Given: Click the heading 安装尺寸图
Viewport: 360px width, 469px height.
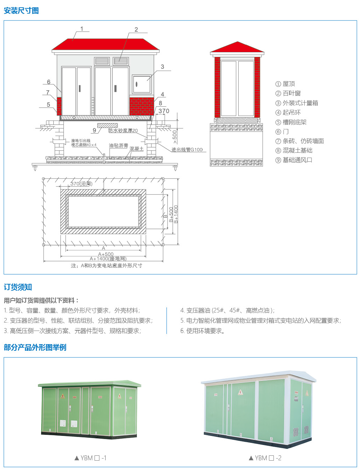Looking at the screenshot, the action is click(x=21, y=10).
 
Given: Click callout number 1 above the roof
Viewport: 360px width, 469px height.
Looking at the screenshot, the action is click(x=82, y=29).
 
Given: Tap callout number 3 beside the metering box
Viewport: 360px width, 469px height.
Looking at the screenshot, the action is click(x=163, y=67).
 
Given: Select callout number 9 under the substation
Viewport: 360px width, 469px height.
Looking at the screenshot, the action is click(x=94, y=130).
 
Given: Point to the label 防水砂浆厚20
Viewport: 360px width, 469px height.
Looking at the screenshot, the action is click(x=123, y=130).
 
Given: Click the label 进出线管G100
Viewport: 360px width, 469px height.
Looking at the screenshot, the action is click(x=187, y=150).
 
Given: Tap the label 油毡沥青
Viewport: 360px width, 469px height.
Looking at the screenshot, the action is click(x=119, y=145).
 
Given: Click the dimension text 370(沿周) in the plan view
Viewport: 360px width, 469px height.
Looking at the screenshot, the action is click(x=81, y=184).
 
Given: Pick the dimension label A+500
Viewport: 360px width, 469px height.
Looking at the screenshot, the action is click(x=106, y=254).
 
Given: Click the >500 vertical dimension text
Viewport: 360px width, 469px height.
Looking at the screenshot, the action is click(x=175, y=137).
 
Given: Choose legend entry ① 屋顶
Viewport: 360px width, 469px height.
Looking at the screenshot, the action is click(x=285, y=84).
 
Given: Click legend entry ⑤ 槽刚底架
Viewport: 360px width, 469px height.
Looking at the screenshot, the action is click(x=291, y=122).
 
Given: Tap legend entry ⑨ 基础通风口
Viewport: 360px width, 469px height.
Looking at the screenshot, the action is click(x=294, y=160).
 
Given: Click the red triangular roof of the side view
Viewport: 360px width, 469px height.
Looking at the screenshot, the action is click(x=237, y=47).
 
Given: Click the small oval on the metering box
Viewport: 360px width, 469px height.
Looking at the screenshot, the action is click(x=136, y=84).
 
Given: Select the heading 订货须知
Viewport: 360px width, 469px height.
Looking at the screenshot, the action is click(x=18, y=287).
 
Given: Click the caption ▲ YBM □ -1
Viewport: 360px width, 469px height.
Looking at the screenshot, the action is click(x=90, y=458).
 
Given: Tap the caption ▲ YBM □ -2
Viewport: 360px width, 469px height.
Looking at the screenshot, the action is click(x=265, y=458).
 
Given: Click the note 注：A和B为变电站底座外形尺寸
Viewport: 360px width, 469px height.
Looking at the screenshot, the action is click(x=106, y=265).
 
